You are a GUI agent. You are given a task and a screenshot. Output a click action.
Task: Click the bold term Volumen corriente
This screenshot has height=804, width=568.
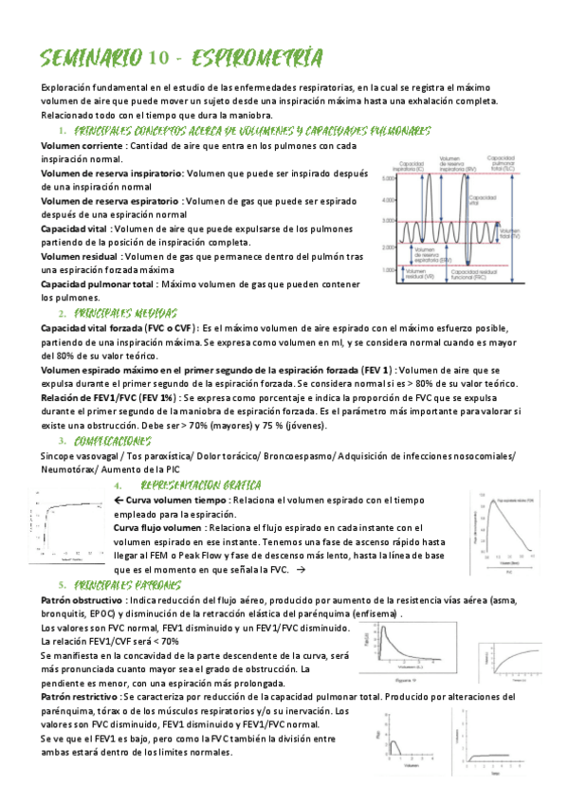pyautogui.click(x=82, y=145)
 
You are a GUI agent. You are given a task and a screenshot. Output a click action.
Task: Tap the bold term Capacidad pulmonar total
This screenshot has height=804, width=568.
pyautogui.click(x=98, y=283)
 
